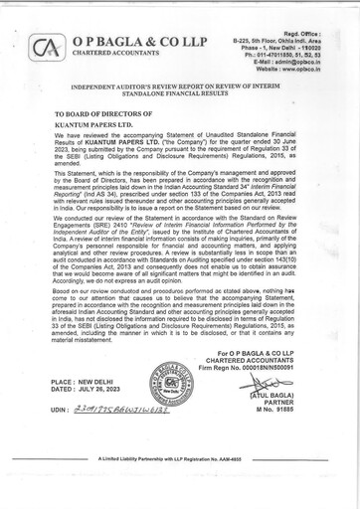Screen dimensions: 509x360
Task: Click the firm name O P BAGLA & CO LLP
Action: click(117, 38)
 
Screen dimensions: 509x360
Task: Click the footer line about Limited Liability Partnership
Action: click(179, 485)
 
